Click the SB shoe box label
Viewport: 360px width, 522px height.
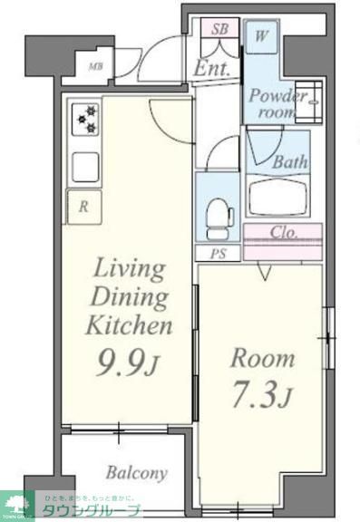tap(219, 30)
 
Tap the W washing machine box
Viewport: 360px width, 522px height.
tap(261, 38)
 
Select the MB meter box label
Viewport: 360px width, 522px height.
tap(95, 66)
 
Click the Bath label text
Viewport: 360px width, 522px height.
tap(290, 162)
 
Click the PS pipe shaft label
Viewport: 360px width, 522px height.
tap(219, 254)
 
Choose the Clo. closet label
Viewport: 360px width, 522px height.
tap(283, 232)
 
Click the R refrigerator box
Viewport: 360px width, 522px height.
tap(83, 207)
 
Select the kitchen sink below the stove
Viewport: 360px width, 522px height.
tap(84, 166)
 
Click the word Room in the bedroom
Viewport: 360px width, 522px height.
tap(262, 357)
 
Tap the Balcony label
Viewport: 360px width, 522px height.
tap(136, 473)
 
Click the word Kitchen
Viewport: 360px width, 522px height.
tap(128, 325)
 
